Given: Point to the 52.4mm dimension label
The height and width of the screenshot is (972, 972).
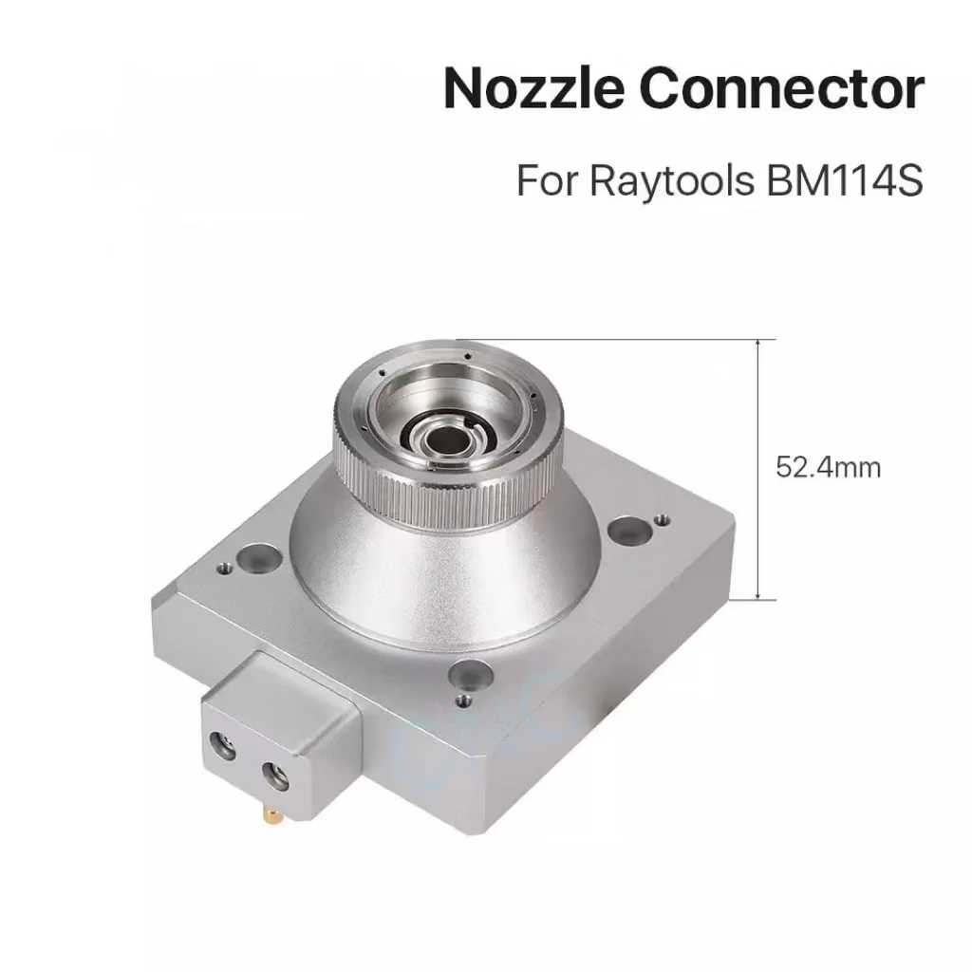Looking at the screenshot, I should click(828, 468).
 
